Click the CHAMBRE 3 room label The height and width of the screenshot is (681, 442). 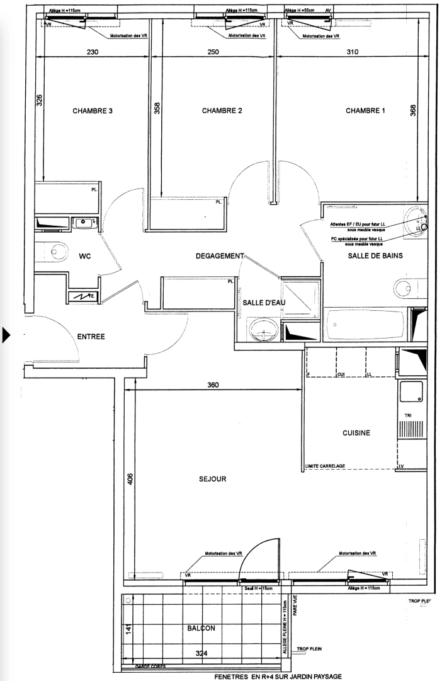92,111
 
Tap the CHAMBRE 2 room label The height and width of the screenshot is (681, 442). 222,111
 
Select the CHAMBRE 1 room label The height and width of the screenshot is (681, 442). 366,111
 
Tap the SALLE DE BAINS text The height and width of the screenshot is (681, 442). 375,256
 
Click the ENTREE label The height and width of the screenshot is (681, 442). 91,337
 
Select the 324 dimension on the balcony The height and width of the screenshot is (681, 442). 200,653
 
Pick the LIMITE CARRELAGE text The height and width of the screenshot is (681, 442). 324,466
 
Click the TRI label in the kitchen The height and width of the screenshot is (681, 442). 409,416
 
